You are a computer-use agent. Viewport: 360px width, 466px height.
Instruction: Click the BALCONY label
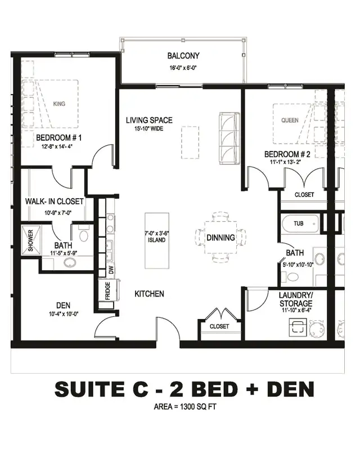point(183,56)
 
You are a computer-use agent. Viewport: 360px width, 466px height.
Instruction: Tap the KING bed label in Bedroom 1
point(59,104)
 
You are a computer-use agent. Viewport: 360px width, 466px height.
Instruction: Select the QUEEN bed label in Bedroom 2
point(290,120)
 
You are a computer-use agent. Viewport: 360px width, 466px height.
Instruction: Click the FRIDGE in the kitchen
point(107,290)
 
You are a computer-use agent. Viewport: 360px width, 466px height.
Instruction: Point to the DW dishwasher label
point(111,270)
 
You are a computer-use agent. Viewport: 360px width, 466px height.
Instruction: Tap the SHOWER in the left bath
point(31,240)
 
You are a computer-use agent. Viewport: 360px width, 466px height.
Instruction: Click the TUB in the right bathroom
point(300,223)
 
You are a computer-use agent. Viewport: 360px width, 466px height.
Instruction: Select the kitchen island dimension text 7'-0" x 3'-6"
point(156,234)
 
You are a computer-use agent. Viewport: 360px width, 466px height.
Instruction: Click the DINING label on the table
point(220,238)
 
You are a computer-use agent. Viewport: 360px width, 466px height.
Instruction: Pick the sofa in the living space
point(229,138)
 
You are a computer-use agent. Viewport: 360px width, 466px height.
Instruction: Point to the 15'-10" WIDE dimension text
point(149,129)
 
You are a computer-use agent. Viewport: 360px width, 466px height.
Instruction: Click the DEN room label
point(63,305)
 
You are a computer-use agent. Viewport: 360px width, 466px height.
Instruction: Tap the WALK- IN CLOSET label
point(55,201)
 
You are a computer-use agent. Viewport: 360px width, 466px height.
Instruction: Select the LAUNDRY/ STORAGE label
point(296,299)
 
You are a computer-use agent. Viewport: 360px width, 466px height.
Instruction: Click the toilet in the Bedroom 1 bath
point(83,234)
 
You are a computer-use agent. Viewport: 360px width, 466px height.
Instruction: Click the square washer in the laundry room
point(298,327)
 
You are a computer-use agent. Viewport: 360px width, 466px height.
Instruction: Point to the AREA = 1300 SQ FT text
point(185,406)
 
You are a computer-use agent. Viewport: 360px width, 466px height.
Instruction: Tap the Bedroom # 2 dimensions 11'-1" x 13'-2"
point(285,162)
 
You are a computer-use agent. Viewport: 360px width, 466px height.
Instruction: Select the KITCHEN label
point(150,294)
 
